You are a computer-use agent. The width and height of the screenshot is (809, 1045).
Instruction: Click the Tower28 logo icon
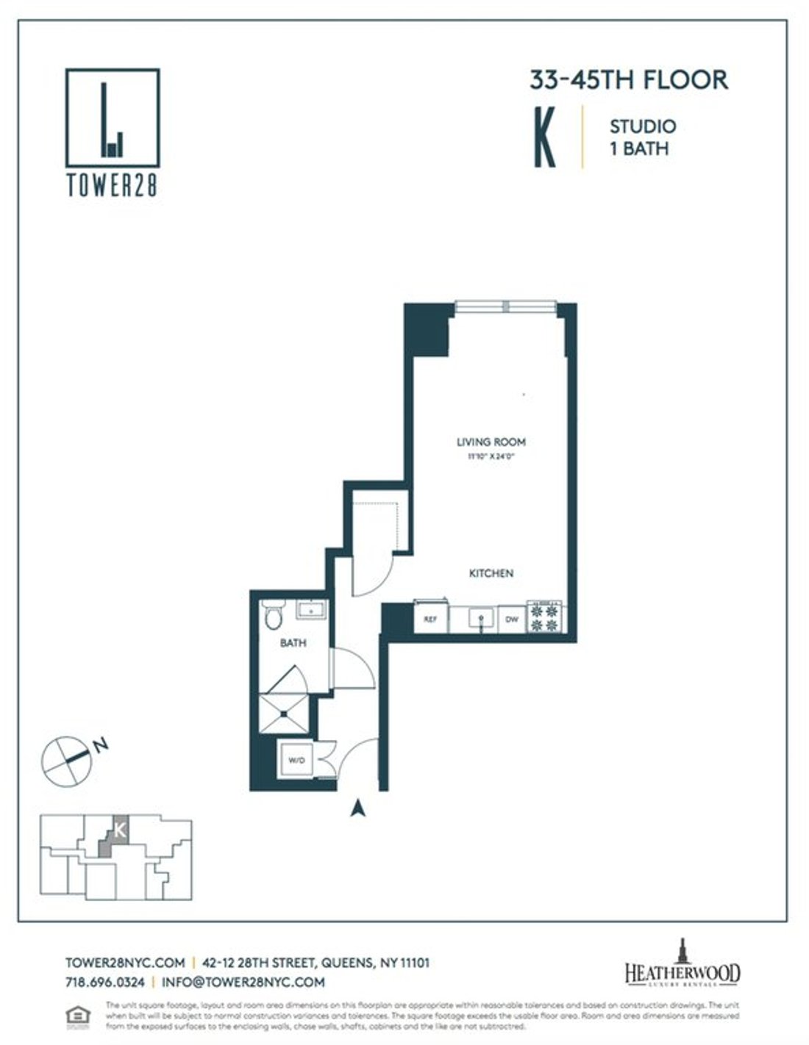[112, 118]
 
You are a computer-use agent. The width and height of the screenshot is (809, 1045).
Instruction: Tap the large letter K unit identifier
[545, 137]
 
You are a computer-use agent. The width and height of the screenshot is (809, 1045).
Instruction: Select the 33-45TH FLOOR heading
[629, 79]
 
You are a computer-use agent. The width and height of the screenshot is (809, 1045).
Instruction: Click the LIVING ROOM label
[491, 442]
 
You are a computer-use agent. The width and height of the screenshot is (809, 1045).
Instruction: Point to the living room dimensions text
[491, 456]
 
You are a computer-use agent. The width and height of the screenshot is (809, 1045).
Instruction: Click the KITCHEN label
[491, 573]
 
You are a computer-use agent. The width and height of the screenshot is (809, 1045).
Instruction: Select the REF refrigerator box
[430, 620]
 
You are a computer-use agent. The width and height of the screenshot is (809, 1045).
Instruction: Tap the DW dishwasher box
[512, 620]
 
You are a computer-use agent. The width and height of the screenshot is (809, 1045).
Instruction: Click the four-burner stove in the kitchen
[546, 617]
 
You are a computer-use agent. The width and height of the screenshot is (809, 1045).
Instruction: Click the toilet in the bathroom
[273, 615]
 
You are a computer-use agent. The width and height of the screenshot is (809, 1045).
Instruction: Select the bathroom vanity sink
[312, 609]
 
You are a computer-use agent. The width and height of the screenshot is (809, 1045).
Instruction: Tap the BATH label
[293, 643]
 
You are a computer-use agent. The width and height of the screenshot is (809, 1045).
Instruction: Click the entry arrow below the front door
[357, 808]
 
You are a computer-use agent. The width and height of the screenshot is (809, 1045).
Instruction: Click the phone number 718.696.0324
[104, 982]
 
